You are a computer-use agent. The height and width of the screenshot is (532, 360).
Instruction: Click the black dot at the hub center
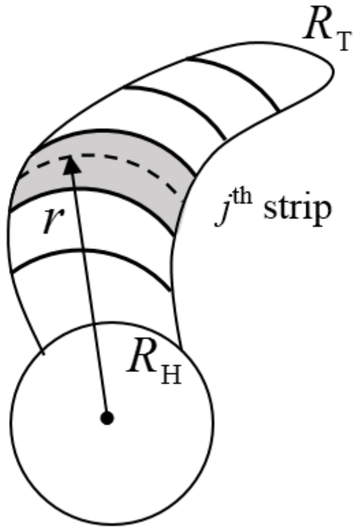pos(107,417)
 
